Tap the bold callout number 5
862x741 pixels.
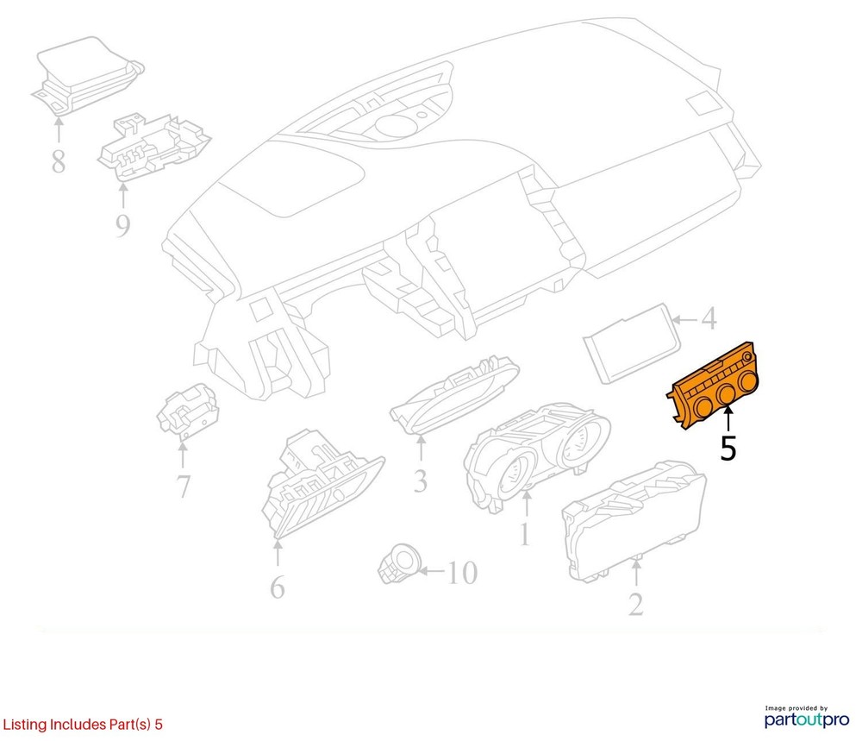click(x=728, y=449)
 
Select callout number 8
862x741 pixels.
click(x=59, y=161)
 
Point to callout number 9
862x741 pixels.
click(x=122, y=225)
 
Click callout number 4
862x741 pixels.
click(x=709, y=318)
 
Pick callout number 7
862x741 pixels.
click(x=183, y=487)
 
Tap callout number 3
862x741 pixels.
click(x=421, y=480)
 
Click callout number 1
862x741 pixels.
click(x=525, y=534)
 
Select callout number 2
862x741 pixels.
click(x=636, y=604)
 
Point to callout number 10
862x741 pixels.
click(x=462, y=573)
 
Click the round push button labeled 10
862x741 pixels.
click(x=399, y=564)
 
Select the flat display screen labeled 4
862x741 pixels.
click(x=632, y=343)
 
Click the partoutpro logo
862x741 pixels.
click(x=807, y=718)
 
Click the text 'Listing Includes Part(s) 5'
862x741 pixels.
click(x=83, y=724)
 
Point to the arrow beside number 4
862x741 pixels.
click(x=684, y=319)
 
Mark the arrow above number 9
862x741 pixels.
click(x=123, y=195)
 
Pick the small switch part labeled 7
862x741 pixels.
click(x=187, y=411)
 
